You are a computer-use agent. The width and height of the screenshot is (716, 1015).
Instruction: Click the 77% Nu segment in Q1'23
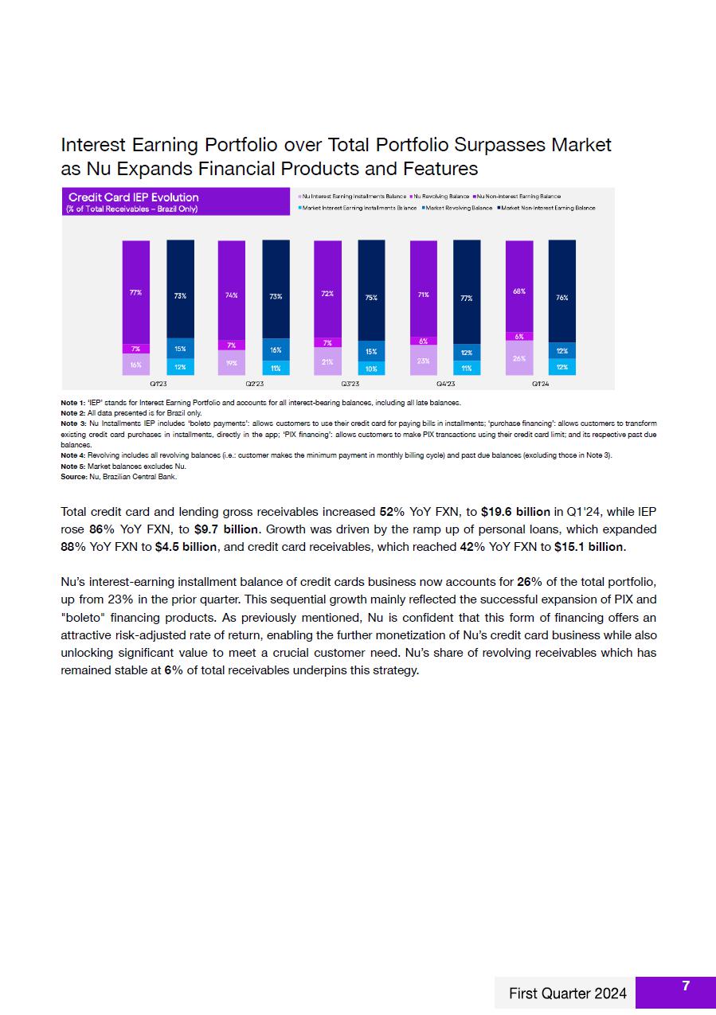pyautogui.click(x=135, y=292)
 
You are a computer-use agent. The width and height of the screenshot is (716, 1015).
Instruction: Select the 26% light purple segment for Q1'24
pyautogui.click(x=518, y=358)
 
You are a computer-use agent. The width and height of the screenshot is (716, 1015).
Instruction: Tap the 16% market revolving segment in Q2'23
pyautogui.click(x=276, y=349)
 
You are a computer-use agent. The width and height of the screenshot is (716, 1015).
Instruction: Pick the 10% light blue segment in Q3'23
pyautogui.click(x=371, y=369)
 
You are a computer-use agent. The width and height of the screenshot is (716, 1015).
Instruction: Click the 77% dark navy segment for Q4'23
pyautogui.click(x=467, y=298)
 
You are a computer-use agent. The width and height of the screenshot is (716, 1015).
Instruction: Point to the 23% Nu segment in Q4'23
pyautogui.click(x=423, y=360)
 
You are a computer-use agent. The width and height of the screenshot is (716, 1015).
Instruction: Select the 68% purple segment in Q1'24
pyautogui.click(x=518, y=291)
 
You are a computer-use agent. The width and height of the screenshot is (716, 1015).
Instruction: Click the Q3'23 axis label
pyautogui.click(x=350, y=384)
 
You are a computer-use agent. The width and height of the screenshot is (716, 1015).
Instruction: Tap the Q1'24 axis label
pyautogui.click(x=541, y=384)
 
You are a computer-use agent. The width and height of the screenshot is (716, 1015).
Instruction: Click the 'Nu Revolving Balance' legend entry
pyautogui.click(x=440, y=196)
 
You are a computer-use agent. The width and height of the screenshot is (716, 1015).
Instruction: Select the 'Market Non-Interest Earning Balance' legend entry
pyautogui.click(x=547, y=208)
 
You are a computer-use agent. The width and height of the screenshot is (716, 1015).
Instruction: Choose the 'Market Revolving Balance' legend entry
pyautogui.click(x=458, y=208)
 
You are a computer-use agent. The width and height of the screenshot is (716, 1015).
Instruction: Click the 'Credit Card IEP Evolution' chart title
pyautogui.click(x=134, y=197)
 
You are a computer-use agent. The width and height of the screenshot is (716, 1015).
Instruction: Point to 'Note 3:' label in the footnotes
pyautogui.click(x=73, y=424)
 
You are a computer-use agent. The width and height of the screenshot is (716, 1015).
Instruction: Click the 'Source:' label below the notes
pyautogui.click(x=74, y=477)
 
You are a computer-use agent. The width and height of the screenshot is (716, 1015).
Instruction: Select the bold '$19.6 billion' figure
pyautogui.click(x=515, y=511)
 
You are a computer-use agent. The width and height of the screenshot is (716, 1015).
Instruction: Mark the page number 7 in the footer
pyautogui.click(x=686, y=986)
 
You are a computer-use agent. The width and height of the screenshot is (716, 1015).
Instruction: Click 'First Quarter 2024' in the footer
pyautogui.click(x=568, y=993)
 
